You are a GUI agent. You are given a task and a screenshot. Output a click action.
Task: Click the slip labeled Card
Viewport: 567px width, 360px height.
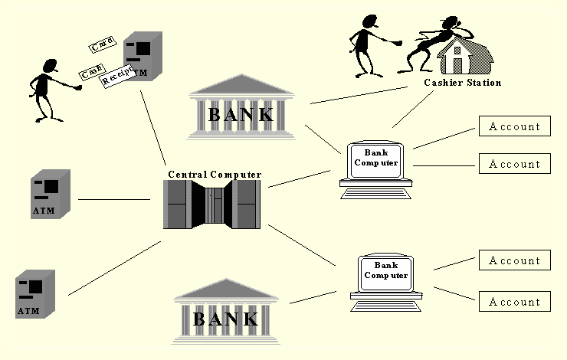(x=101, y=45)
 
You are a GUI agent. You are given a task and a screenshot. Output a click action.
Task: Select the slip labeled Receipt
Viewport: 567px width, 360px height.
(x=117, y=75)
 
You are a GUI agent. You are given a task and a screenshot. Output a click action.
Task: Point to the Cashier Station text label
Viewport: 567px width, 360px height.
(x=463, y=83)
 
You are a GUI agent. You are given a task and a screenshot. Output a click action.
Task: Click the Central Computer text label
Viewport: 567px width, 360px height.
(x=215, y=175)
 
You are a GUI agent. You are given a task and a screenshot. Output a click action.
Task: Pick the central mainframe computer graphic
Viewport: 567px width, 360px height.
(x=213, y=205)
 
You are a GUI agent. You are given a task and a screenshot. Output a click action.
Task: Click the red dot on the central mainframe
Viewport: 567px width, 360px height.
(x=210, y=195)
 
